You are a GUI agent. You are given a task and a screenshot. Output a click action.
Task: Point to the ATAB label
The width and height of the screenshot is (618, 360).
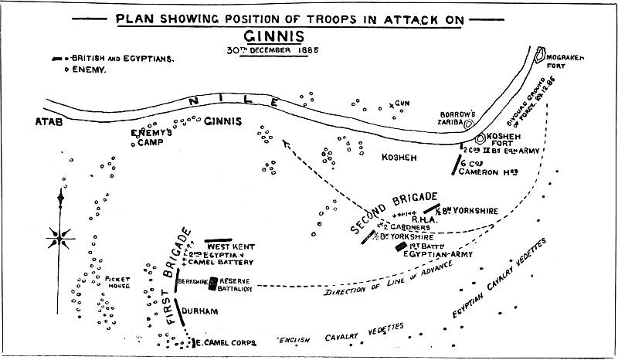click(x=49, y=122)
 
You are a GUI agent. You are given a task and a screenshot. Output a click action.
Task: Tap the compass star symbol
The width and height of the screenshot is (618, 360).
click(x=62, y=231)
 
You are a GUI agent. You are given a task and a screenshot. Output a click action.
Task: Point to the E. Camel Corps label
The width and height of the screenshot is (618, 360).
click(x=222, y=341)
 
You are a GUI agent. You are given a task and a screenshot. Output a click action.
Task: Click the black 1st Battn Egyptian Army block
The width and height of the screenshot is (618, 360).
click(x=400, y=247)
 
